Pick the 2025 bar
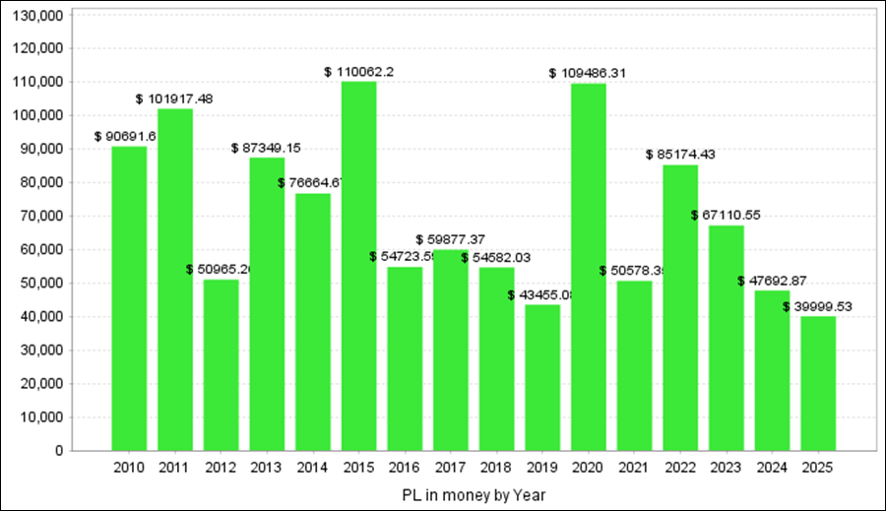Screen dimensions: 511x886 click(818, 383)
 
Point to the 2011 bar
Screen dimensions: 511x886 click(175, 280)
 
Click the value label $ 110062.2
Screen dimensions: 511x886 click(359, 72)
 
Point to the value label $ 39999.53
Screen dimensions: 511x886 click(817, 306)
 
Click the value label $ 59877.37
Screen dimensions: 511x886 click(451, 239)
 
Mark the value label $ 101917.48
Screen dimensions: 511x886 click(175, 98)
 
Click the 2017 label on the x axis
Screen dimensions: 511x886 click(451, 467)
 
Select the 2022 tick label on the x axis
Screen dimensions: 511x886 click(680, 467)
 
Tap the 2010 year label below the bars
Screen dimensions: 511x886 click(129, 467)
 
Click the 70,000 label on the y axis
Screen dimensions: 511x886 click(45, 217)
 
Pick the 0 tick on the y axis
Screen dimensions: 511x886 click(60, 451)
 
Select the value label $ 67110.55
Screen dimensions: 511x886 click(727, 216)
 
